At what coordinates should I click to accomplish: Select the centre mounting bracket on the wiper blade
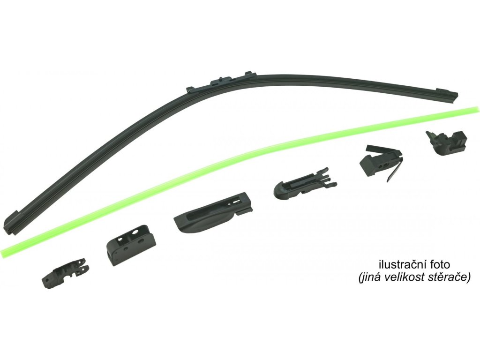click(x=220, y=81)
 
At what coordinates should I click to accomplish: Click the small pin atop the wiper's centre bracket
click(x=221, y=76)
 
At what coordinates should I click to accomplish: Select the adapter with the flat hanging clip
click(x=381, y=162)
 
